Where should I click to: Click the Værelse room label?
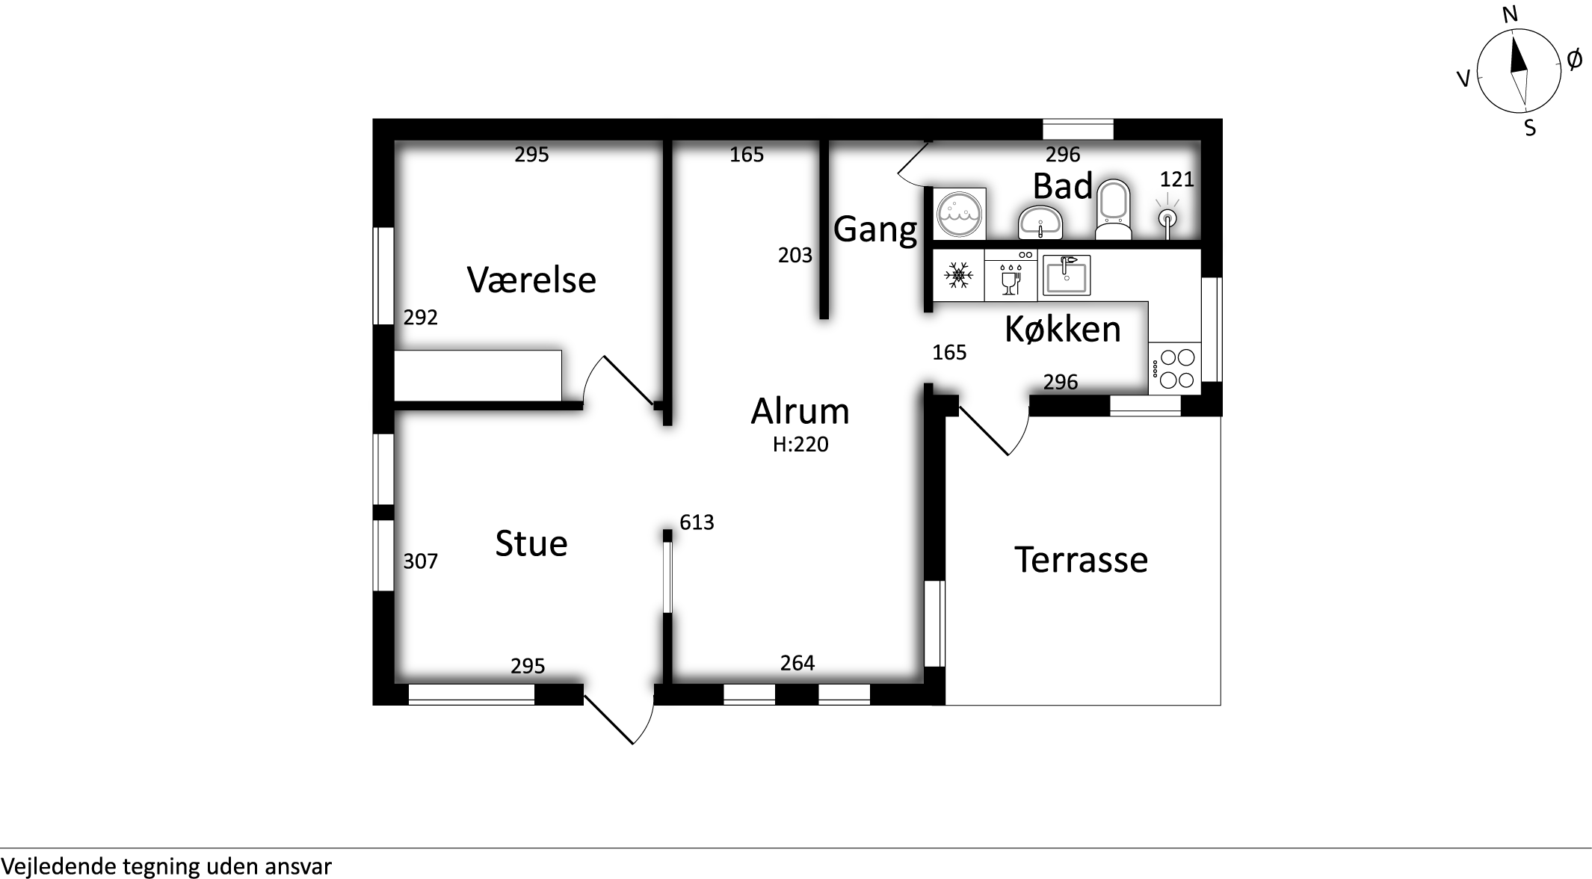click(x=531, y=280)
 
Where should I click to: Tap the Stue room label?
click(x=531, y=543)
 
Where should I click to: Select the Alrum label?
click(x=800, y=411)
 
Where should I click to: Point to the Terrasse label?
click(x=1081, y=559)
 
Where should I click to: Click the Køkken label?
click(x=1063, y=329)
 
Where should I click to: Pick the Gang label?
click(x=875, y=229)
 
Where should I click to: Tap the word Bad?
click(x=1063, y=186)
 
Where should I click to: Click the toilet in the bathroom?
click(x=1113, y=209)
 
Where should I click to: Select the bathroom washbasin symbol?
click(x=1040, y=222)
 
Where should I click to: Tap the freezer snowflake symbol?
click(x=958, y=275)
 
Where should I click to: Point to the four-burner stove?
click(x=1175, y=368)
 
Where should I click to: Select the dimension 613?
click(x=697, y=522)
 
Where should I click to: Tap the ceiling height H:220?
click(x=800, y=445)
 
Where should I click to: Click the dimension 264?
click(x=797, y=663)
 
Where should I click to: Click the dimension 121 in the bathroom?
click(x=1177, y=179)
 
